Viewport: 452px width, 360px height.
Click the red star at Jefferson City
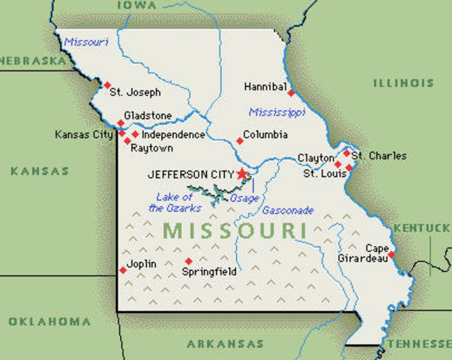(242, 174)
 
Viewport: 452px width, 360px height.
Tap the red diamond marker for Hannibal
(291, 94)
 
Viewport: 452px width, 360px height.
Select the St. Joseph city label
(135, 93)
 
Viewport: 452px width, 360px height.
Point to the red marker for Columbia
(240, 140)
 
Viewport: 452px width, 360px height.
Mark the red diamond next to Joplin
(123, 270)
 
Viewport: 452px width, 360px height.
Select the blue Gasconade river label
(288, 211)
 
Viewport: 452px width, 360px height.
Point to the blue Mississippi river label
(277, 112)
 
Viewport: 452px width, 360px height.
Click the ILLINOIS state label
(403, 83)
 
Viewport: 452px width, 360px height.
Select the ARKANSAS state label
(225, 343)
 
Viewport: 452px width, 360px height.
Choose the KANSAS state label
(40, 171)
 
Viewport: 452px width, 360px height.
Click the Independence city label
(173, 135)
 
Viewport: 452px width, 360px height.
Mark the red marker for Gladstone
(121, 122)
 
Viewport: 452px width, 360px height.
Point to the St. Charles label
(379, 156)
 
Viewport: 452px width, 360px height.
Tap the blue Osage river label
(244, 197)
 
